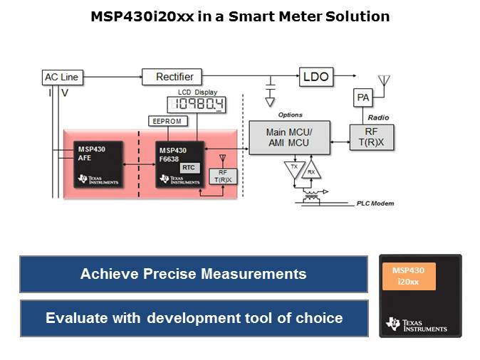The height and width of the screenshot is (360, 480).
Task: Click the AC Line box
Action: pos(61,77)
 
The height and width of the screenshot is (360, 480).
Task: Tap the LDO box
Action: pos(316,76)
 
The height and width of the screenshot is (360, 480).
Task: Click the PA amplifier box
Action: pos(364,97)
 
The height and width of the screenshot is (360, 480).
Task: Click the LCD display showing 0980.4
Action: pos(197,105)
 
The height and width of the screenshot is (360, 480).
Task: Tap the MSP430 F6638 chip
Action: pos(178,163)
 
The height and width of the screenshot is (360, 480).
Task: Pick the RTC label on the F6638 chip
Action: pos(188,166)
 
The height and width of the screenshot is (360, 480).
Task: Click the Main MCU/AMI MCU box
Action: pos(288,137)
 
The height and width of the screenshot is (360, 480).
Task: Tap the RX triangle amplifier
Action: pos(311,170)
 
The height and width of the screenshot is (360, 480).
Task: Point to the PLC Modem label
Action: pos(375,203)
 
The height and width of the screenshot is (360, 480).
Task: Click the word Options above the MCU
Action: pos(290,115)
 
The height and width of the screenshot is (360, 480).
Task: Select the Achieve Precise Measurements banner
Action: pos(194,274)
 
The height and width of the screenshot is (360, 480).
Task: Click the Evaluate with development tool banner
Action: pos(194,318)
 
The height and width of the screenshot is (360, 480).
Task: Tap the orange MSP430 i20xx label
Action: pos(408,276)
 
